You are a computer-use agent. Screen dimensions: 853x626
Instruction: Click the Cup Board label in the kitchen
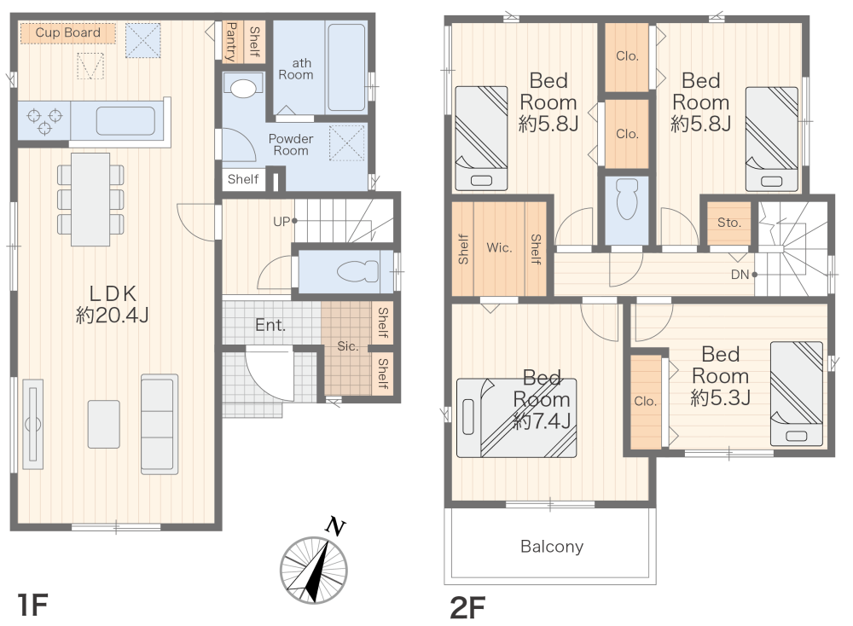click(68, 32)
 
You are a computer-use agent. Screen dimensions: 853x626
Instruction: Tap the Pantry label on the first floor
click(230, 42)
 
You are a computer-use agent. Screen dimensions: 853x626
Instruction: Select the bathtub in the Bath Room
click(346, 67)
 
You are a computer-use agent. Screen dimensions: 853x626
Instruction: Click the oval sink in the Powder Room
click(243, 89)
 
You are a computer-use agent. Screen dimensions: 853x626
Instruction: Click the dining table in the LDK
click(90, 199)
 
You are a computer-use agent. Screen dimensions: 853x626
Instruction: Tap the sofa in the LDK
click(160, 424)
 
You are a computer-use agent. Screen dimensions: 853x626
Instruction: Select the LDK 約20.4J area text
click(112, 304)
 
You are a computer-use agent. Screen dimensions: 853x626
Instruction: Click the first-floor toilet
click(357, 271)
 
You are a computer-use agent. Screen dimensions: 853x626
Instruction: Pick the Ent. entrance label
click(270, 325)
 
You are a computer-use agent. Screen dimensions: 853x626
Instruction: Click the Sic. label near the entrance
click(348, 346)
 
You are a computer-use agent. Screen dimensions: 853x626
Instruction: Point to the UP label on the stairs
click(281, 222)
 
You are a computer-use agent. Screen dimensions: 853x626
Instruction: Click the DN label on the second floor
click(740, 275)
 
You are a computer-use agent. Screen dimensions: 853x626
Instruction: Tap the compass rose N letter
click(335, 526)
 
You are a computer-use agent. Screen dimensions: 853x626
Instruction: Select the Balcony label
click(552, 546)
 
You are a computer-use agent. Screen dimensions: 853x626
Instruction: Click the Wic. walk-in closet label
click(499, 248)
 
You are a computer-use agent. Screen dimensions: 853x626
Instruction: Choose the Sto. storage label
click(729, 223)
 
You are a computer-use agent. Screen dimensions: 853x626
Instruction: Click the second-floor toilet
click(627, 200)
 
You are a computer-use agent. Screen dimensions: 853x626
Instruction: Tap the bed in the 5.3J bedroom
click(797, 393)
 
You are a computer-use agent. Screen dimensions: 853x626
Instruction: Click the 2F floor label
click(467, 607)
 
